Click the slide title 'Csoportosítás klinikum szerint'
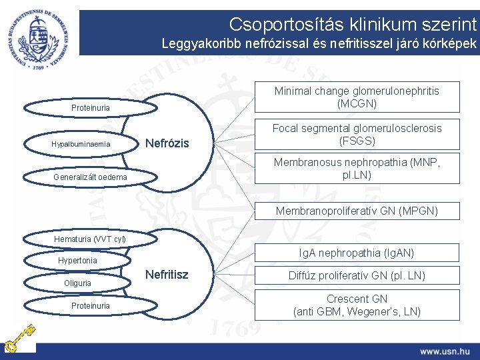(x=353, y=25)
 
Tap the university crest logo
(x=39, y=31)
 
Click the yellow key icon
(x=17, y=339)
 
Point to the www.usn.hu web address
(x=444, y=351)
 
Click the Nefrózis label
(x=167, y=143)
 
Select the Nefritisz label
(x=167, y=275)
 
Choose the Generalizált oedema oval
(x=89, y=177)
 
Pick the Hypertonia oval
(x=78, y=260)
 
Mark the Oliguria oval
(x=79, y=283)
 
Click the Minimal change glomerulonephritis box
(x=357, y=97)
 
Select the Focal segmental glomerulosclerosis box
(x=357, y=134)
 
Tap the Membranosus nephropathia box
(x=357, y=168)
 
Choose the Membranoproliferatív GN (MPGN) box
(x=357, y=211)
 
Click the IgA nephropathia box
(x=357, y=253)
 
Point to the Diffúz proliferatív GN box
(x=357, y=275)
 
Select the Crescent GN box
(x=357, y=305)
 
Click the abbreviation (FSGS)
(x=357, y=141)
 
